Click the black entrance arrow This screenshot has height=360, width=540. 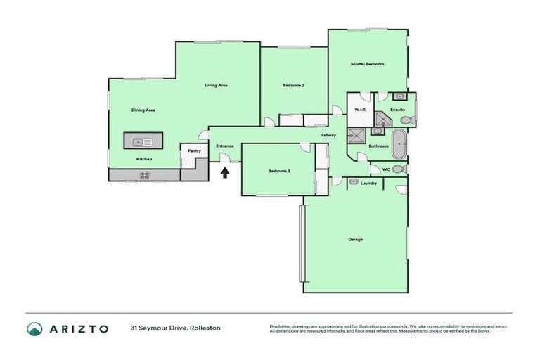point(225,170)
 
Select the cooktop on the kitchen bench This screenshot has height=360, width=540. point(145,175)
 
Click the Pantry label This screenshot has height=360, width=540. point(194,150)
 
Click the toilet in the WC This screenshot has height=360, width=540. point(398,169)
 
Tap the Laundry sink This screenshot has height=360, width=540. point(354,181)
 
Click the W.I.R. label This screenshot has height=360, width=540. point(359,110)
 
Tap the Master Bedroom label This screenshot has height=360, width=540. point(367,64)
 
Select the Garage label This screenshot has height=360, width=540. point(356,239)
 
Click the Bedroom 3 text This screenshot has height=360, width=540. point(279,171)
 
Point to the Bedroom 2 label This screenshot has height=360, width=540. point(293,85)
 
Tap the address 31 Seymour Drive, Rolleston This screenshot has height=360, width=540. point(175,328)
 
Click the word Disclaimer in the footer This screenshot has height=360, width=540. point(283,326)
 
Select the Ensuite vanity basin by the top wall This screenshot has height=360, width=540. point(399,96)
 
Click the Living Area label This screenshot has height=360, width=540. point(216,85)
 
